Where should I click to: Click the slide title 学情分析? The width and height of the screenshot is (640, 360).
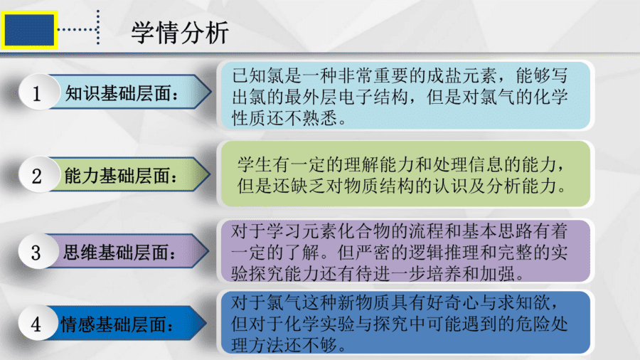180,33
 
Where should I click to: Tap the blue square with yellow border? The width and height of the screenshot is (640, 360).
29,30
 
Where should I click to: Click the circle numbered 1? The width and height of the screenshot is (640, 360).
37,92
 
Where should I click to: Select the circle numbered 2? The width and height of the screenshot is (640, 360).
37,174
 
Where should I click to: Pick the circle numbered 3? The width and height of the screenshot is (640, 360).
37,251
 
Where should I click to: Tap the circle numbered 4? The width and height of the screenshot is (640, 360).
37,323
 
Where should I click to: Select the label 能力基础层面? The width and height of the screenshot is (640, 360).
121,176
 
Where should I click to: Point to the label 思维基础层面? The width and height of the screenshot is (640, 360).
119,253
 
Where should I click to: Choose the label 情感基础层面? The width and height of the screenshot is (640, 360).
117,325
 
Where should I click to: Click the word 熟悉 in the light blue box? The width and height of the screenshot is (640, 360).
319,118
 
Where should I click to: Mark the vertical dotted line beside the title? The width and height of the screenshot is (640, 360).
98,27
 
